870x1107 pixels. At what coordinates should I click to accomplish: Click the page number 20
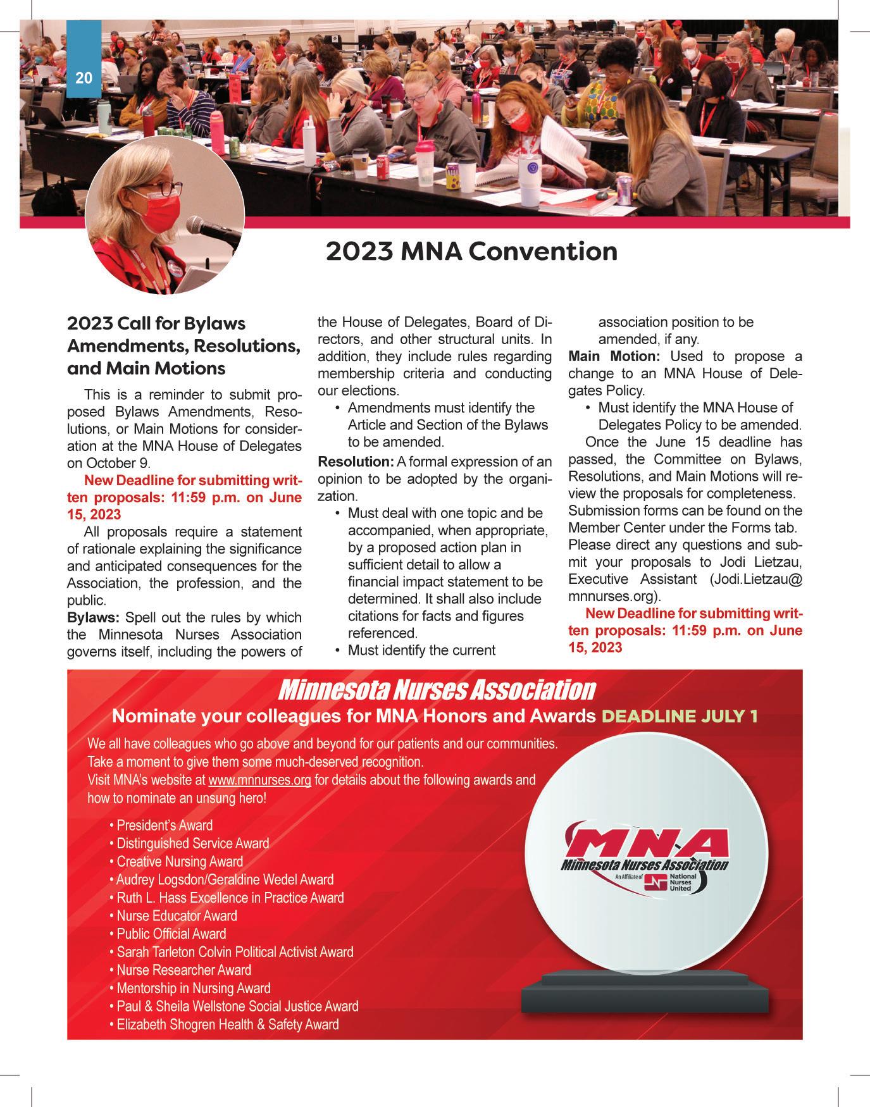84,78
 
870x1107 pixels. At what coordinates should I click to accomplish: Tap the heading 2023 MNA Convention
471,251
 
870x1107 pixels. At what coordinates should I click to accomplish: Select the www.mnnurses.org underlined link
259,780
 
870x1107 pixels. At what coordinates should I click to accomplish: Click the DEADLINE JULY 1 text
680,716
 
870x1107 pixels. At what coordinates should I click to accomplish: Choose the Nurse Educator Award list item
177,915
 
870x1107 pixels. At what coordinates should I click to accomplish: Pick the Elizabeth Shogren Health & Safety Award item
228,1024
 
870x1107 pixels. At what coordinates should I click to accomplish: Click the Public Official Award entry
171,934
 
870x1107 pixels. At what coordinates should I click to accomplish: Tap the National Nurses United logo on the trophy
671,882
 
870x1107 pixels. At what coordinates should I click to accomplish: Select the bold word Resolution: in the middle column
356,462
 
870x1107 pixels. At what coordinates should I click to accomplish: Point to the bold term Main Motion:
614,357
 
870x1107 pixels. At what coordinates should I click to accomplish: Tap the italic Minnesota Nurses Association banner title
436,690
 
